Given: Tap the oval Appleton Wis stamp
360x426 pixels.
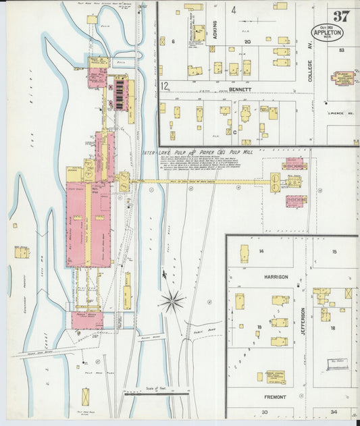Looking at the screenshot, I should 327,32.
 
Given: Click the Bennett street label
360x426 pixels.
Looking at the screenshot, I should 239,89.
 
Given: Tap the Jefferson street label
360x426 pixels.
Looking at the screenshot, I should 303,323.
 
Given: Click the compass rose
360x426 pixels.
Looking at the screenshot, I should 172,300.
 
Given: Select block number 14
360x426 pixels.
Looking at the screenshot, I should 261,250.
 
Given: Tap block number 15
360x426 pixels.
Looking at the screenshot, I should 334,251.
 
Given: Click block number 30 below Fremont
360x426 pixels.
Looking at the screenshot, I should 265,412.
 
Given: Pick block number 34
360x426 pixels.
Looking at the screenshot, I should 334,412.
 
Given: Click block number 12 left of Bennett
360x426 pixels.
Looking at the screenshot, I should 164,86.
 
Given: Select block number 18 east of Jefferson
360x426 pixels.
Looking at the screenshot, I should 332,327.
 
